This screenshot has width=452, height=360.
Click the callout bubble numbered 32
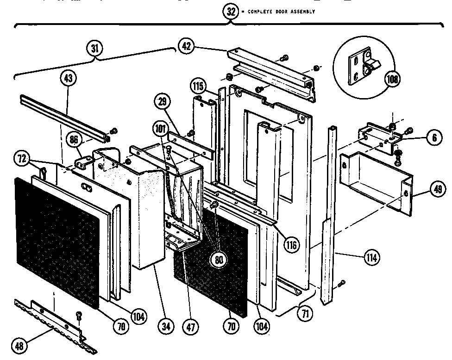click(x=231, y=12)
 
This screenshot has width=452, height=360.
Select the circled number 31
click(x=95, y=49)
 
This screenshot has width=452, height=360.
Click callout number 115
click(x=198, y=87)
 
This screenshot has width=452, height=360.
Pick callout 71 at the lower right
click(x=304, y=315)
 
